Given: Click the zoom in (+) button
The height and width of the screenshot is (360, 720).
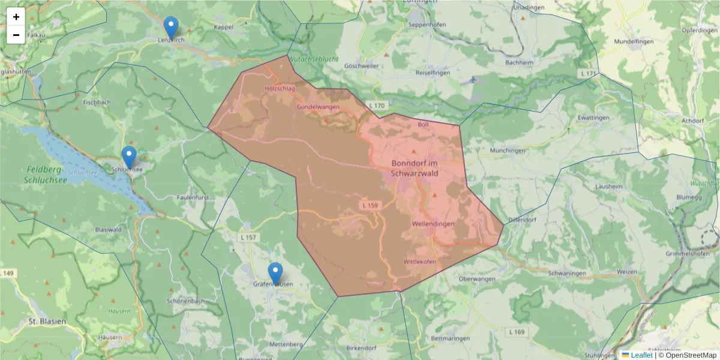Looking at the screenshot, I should coord(16,17).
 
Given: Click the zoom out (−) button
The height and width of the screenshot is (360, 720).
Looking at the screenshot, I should coord(16,35).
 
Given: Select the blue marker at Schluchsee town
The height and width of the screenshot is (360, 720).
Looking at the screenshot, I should coord(129,157).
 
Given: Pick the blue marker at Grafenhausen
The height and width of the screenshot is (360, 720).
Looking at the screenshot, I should coord(275,274).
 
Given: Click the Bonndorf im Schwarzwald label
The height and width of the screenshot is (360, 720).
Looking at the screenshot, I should coord(415,168).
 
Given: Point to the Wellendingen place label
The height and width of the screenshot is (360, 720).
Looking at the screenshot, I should coord(433,224).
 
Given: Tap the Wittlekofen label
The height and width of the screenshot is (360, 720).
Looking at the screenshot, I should coord(419,262).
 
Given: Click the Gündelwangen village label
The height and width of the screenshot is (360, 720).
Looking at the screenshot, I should coord(318,107).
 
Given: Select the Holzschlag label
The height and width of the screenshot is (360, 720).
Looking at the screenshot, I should coord(280,89).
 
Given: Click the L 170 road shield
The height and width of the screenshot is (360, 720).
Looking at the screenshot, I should coord(377,106).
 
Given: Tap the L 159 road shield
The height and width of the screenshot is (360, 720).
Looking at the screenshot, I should coord(370,205).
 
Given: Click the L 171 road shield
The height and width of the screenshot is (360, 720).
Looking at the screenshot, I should coord(589,73).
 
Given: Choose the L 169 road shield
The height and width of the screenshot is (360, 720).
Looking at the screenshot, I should coord(516,332).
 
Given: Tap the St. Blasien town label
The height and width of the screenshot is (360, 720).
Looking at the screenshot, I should coord(47,322).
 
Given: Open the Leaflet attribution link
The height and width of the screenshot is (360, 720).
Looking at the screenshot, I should coord(641,355).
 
